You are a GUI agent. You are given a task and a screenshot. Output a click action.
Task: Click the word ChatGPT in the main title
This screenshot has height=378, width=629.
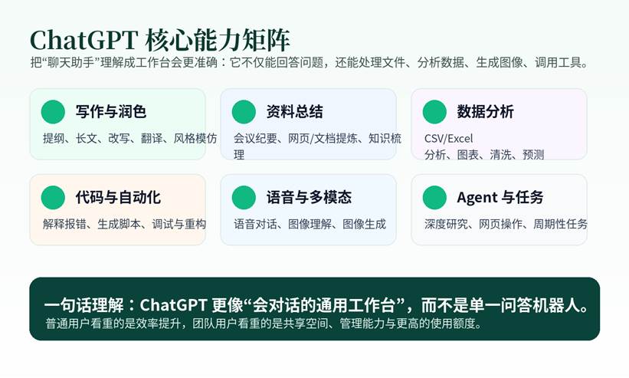[x=84, y=40]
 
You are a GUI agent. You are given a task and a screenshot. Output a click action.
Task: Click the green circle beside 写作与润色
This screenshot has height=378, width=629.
[x=53, y=111]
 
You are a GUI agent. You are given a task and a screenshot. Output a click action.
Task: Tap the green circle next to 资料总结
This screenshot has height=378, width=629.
[x=244, y=111]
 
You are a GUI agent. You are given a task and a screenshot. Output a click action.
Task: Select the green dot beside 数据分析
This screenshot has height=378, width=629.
[x=434, y=111]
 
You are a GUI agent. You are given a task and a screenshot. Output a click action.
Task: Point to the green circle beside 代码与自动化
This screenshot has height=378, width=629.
[x=53, y=197]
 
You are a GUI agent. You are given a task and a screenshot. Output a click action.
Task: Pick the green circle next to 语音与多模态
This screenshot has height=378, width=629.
[x=244, y=197]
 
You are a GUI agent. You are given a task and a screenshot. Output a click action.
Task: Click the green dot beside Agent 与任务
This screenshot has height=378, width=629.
[x=434, y=197]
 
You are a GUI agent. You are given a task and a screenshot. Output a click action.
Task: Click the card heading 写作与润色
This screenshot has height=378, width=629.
[x=111, y=111]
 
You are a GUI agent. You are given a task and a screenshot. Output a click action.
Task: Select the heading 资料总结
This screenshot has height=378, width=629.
[x=294, y=111]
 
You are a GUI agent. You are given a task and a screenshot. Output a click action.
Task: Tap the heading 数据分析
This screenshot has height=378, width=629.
[x=486, y=111]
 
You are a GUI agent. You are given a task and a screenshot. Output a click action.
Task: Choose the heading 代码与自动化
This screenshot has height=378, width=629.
[x=118, y=197]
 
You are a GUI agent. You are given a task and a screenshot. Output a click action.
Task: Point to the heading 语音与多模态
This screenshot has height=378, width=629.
[x=309, y=197]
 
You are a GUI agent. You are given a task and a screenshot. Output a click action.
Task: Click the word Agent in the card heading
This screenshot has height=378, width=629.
[x=477, y=198]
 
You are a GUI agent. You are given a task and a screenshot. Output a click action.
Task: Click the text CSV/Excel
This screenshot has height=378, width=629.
[x=448, y=139]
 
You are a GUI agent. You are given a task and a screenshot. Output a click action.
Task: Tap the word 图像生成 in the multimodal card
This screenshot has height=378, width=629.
[x=364, y=224]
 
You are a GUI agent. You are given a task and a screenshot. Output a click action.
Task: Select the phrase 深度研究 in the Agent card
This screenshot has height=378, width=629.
[x=446, y=224]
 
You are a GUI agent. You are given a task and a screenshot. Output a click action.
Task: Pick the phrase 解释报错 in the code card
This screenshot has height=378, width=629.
[x=64, y=224]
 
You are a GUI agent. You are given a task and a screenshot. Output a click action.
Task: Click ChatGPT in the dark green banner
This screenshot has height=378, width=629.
[x=173, y=305]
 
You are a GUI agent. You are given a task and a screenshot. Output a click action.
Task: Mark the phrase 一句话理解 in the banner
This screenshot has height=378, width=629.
[x=84, y=305]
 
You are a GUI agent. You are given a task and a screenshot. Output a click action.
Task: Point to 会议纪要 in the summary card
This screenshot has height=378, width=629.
[x=255, y=139]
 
